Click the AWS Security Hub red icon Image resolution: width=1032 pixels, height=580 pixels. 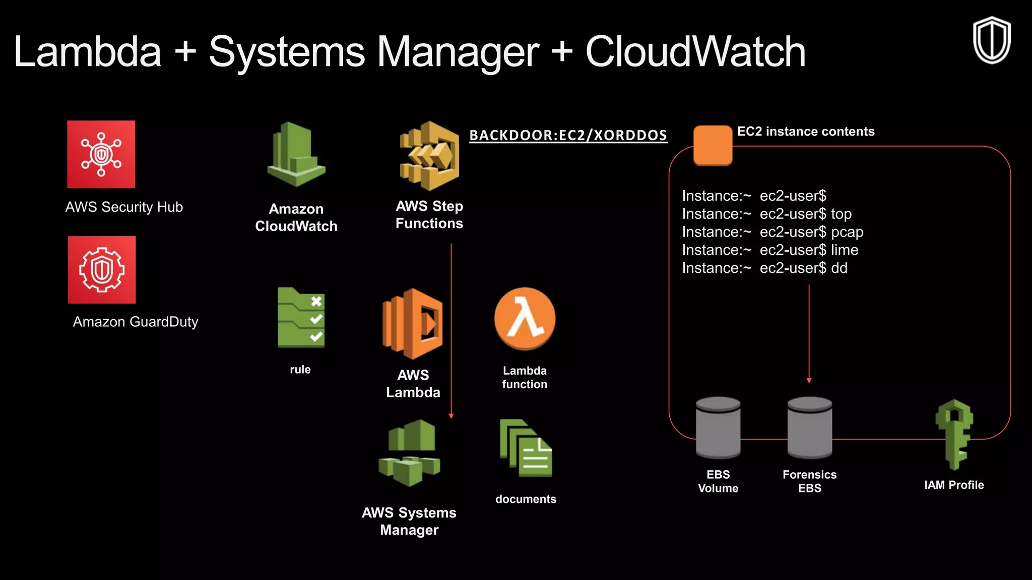(x=101, y=154)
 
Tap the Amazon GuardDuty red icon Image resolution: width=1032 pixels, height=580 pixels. (x=102, y=270)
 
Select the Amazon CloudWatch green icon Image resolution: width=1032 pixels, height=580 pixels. (x=296, y=155)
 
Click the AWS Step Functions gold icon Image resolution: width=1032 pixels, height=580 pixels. (x=429, y=156)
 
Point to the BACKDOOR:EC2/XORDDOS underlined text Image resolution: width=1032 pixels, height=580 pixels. (x=568, y=135)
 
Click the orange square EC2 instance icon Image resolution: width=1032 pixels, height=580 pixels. (x=713, y=145)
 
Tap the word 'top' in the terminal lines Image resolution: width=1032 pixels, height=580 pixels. (x=841, y=214)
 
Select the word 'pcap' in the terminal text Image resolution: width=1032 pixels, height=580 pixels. (x=847, y=232)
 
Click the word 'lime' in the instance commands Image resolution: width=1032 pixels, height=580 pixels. (x=845, y=250)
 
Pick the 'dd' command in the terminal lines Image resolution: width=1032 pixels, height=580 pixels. (x=839, y=268)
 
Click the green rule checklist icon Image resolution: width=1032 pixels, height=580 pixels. (x=301, y=318)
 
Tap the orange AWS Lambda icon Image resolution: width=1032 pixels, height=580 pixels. (x=413, y=324)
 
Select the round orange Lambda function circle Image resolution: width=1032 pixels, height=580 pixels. (x=525, y=319)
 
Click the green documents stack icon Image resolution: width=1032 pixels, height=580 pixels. (x=526, y=448)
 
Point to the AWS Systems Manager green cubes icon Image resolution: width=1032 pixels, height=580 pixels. (x=409, y=453)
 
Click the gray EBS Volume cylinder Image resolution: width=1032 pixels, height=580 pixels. (x=718, y=427)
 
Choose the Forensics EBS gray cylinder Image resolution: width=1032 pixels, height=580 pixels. (x=810, y=427)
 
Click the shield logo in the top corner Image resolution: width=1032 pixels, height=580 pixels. (x=991, y=40)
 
